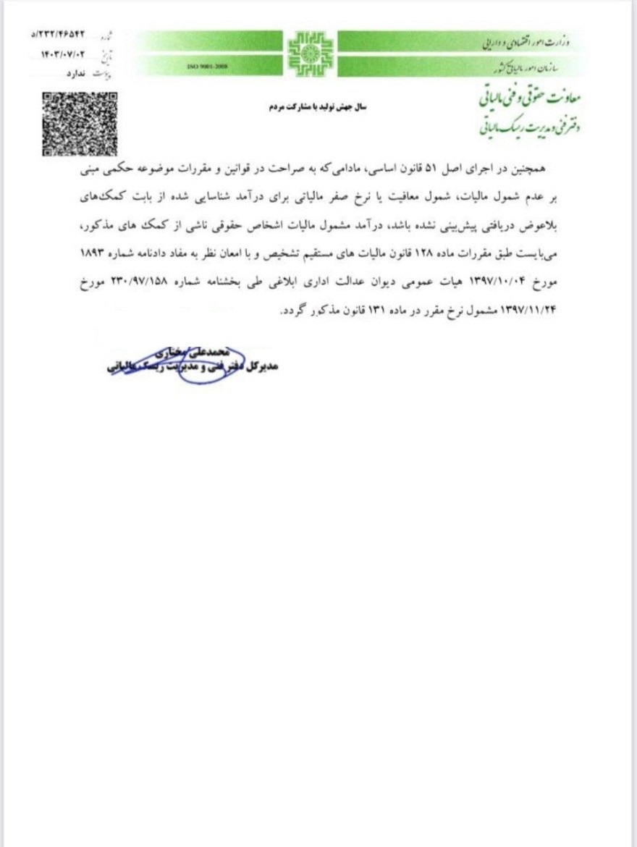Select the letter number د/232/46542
69,34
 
